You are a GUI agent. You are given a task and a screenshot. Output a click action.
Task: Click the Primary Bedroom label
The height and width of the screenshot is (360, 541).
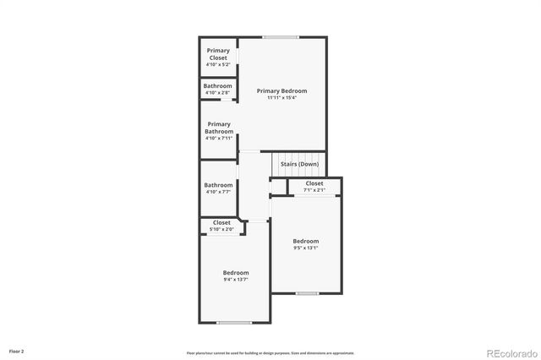tap(281, 90)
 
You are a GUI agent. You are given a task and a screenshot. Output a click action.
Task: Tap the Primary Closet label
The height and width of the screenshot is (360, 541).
tap(218, 54)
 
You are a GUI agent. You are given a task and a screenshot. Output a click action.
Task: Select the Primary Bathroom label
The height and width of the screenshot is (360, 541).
tap(218, 128)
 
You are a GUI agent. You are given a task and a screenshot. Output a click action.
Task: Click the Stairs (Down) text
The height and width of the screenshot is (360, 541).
tap(299, 164)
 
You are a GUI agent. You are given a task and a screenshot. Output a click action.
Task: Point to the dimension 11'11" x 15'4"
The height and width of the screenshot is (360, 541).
tap(281, 98)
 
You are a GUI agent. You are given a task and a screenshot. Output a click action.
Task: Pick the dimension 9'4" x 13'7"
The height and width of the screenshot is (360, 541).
tap(236, 280)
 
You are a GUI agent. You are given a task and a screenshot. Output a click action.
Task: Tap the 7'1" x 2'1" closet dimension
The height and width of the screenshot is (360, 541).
tap(314, 190)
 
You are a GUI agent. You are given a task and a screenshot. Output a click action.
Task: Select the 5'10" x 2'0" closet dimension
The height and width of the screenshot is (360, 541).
tap(221, 230)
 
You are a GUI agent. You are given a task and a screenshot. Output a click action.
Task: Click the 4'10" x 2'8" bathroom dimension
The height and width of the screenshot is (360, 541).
tap(218, 93)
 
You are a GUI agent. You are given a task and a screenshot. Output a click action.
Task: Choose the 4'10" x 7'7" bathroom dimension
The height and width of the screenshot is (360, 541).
tap(218, 192)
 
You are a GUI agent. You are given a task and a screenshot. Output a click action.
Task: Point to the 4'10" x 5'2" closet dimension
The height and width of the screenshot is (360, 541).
tap(218, 64)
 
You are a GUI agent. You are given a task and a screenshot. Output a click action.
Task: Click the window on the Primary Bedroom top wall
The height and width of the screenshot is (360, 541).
tap(280, 37)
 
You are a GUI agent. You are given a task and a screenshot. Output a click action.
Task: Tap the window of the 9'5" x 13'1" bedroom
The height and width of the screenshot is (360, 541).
tap(307, 293)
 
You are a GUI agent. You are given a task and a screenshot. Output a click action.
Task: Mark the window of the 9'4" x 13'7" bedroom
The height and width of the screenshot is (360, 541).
tap(234, 322)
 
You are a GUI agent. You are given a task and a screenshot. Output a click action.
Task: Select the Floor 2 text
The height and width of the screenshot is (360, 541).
tap(17, 351)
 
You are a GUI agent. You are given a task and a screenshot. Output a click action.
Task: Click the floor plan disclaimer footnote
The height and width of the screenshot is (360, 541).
tap(270, 353)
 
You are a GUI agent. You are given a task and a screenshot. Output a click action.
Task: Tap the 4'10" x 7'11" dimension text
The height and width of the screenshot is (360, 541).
tap(218, 138)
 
